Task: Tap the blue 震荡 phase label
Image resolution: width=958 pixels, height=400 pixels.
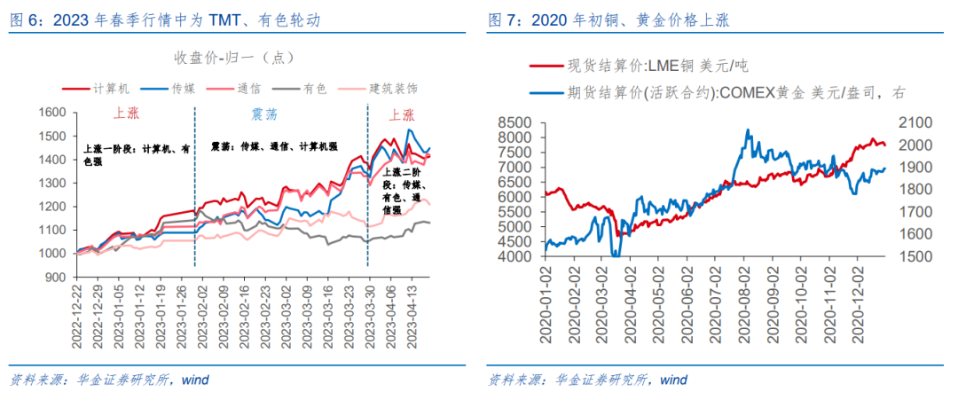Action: (253, 114)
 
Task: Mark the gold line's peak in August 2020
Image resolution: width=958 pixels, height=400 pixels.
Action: (747, 130)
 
